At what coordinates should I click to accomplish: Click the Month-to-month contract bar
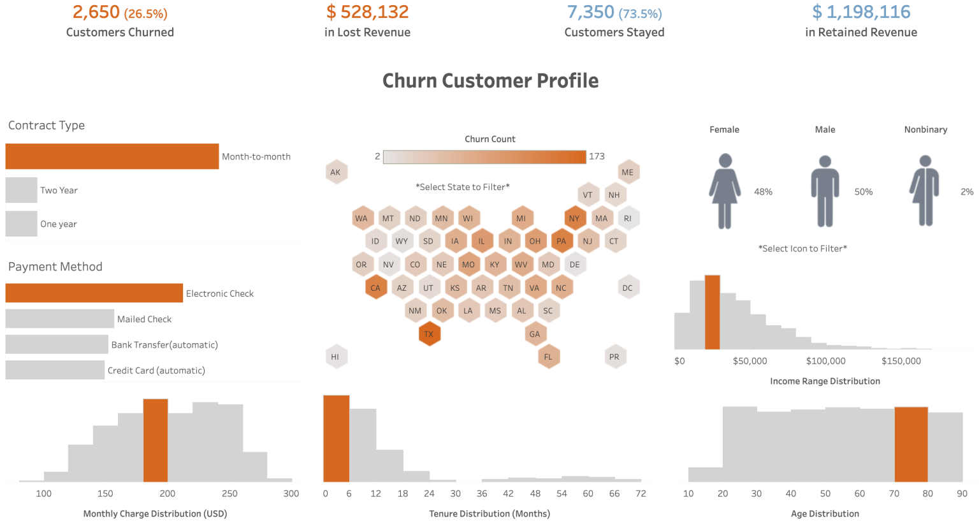(112, 156)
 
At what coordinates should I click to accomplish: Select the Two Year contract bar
(21, 190)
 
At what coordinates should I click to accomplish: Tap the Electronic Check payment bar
(94, 293)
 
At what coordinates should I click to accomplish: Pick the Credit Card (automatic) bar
(55, 370)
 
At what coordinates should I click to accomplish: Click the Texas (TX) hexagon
(429, 334)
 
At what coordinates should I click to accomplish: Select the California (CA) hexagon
(375, 288)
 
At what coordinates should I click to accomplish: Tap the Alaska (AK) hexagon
(335, 172)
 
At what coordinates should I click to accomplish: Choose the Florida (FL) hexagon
(548, 357)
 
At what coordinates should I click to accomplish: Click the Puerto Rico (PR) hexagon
(614, 357)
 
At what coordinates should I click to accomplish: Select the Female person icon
(725, 191)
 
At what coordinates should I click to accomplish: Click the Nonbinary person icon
(925, 191)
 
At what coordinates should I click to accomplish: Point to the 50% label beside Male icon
(864, 192)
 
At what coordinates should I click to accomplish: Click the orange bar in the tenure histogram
(336, 439)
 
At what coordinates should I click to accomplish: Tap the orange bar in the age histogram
(911, 444)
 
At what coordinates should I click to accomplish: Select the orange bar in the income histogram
(712, 313)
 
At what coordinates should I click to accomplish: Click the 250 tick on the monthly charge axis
(229, 494)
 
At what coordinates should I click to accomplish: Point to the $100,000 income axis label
(825, 361)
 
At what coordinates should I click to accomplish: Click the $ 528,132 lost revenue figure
(367, 12)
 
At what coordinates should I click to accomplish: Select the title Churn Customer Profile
(490, 81)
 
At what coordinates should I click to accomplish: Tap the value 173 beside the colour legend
(597, 156)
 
